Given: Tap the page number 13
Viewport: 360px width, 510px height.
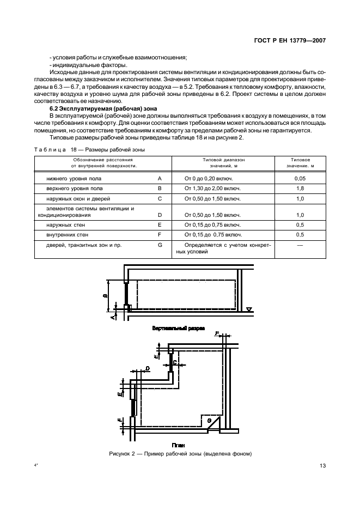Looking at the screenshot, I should click(x=322, y=465).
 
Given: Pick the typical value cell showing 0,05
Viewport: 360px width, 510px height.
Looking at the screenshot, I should click(x=299, y=178).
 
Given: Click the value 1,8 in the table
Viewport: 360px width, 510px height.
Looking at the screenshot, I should click(x=299, y=189).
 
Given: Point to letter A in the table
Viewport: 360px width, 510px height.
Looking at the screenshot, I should click(x=160, y=178).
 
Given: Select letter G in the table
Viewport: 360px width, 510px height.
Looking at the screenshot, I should click(x=160, y=245).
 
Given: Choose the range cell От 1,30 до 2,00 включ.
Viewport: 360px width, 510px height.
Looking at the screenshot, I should click(x=213, y=189).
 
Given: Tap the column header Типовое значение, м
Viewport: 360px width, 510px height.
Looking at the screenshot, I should click(x=299, y=163).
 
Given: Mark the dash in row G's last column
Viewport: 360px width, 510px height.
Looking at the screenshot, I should click(x=299, y=245).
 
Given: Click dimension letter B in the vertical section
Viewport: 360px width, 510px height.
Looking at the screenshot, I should click(x=105, y=296).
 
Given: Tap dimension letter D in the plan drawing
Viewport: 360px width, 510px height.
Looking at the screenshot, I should click(x=148, y=369).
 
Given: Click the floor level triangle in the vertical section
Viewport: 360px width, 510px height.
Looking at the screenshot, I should click(x=248, y=310).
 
